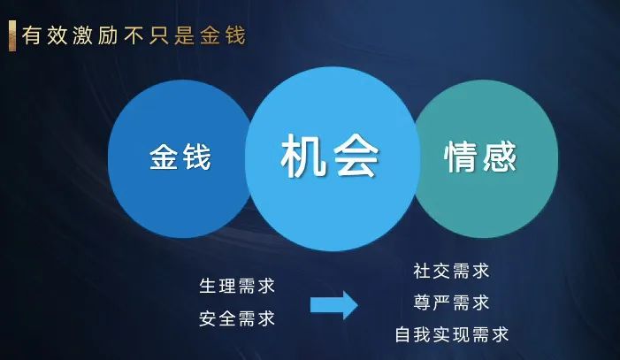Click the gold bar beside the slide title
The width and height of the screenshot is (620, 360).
[12, 35]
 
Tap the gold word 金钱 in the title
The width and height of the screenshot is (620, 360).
[223, 35]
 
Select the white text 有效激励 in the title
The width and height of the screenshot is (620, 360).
[70, 35]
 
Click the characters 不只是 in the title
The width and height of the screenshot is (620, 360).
[159, 35]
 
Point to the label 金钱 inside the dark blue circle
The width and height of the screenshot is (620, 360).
[180, 157]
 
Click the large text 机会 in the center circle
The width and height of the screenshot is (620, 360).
[330, 156]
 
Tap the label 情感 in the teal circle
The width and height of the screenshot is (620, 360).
[480, 157]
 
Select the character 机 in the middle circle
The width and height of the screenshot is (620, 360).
[303, 156]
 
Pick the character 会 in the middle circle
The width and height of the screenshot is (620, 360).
[356, 156]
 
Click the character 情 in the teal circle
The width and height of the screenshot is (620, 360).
[461, 157]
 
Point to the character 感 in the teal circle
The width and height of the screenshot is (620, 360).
[500, 157]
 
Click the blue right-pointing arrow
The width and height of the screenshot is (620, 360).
[334, 305]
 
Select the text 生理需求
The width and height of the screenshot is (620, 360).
[237, 286]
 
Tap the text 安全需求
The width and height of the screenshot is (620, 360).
[237, 318]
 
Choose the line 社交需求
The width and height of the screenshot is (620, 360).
[452, 271]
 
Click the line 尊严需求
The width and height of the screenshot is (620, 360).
[452, 303]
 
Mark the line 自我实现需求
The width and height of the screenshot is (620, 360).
[452, 334]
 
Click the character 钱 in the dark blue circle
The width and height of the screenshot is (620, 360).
[196, 157]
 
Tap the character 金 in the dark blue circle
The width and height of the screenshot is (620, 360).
[164, 157]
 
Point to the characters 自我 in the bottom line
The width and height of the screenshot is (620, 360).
[413, 334]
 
